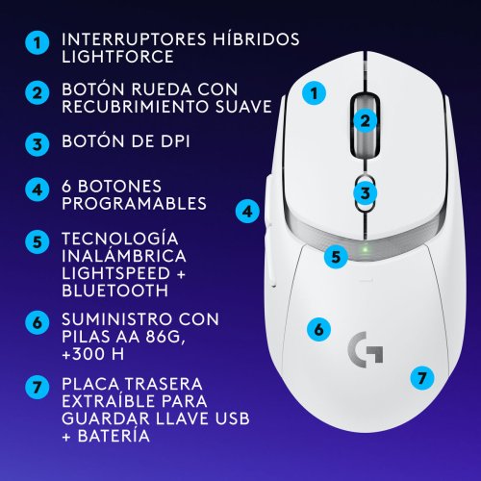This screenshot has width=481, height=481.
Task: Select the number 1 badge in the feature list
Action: (37, 42)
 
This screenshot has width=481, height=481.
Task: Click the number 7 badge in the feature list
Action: (37, 389)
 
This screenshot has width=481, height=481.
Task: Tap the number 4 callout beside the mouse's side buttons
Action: (247, 211)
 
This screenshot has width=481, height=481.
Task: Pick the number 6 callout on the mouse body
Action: (316, 328)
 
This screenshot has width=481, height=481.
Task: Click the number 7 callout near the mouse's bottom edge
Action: (421, 377)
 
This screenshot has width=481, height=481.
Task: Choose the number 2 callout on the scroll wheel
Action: (364, 120)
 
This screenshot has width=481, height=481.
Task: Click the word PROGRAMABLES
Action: (134, 204)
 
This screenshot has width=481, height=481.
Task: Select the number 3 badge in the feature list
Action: (37, 145)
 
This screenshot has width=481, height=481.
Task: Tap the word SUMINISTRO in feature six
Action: (114, 317)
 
